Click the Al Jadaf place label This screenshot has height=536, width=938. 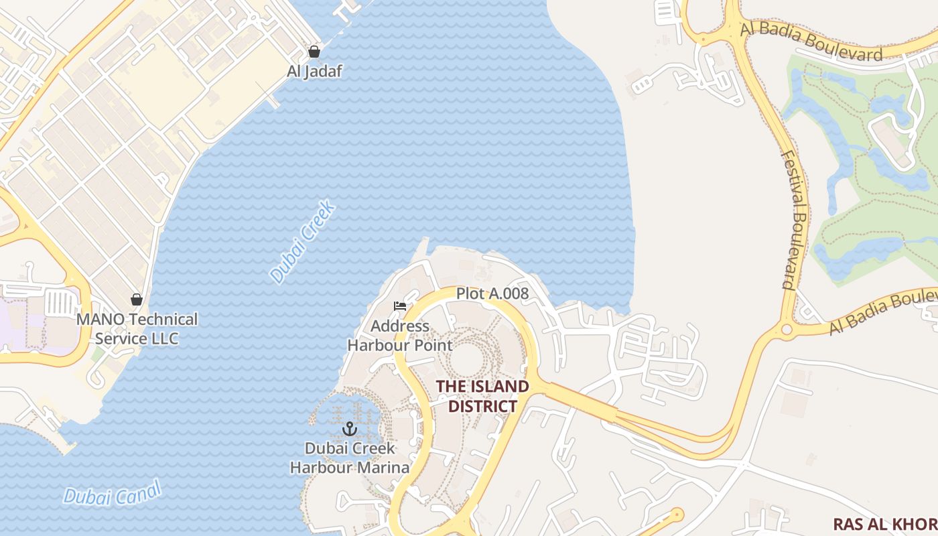pyautogui.click(x=314, y=71)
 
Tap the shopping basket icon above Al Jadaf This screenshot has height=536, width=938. pyautogui.click(x=314, y=52)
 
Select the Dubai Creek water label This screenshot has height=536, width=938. pyautogui.click(x=302, y=241)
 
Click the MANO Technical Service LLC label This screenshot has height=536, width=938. pyautogui.click(x=137, y=328)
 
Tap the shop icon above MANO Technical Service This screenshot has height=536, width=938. pyautogui.click(x=137, y=299)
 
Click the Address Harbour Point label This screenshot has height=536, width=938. pyautogui.click(x=400, y=336)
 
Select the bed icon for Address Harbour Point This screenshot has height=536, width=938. pyautogui.click(x=400, y=306)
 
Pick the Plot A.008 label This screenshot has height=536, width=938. pyautogui.click(x=492, y=293)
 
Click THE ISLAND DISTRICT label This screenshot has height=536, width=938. pyautogui.click(x=482, y=396)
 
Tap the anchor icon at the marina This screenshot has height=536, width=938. pyautogui.click(x=350, y=429)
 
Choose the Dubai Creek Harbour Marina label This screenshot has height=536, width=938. pyautogui.click(x=350, y=458)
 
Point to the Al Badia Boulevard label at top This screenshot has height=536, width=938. pyautogui.click(x=811, y=42)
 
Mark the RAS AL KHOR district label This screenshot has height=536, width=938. pyautogui.click(x=884, y=524)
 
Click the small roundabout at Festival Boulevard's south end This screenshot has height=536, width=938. pyautogui.click(x=787, y=330)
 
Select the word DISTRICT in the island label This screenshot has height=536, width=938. pyautogui.click(x=482, y=406)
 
